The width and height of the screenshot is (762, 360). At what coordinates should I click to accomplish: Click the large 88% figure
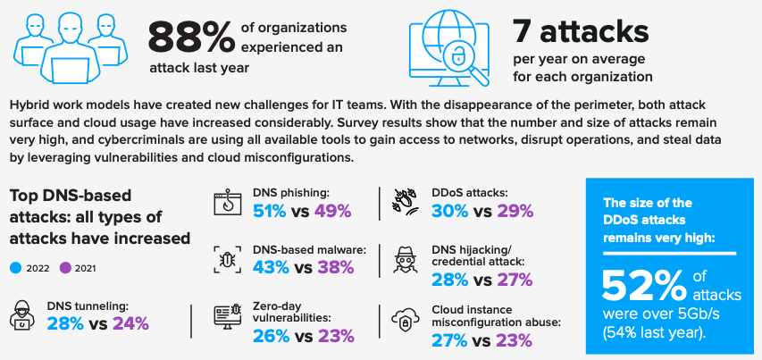191,37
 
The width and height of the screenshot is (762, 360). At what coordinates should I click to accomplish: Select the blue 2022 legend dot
15,268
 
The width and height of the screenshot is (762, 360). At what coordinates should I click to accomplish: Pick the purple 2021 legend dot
65,268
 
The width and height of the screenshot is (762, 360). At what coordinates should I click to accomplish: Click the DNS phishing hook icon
228,204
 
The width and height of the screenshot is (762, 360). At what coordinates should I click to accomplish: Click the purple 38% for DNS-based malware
336,266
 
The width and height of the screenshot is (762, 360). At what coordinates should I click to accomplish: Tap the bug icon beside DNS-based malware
227,259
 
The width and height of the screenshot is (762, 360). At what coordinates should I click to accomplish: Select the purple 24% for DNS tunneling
131,323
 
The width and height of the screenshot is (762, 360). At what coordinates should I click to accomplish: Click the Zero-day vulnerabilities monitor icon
228,317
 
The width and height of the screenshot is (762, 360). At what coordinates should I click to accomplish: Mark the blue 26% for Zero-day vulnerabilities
270,336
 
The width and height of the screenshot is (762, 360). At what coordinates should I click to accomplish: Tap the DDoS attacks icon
406,202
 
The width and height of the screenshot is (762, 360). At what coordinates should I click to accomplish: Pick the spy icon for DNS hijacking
406,259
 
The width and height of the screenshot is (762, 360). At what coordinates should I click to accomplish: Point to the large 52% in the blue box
644,286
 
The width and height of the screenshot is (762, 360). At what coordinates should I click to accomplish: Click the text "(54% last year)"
654,333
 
